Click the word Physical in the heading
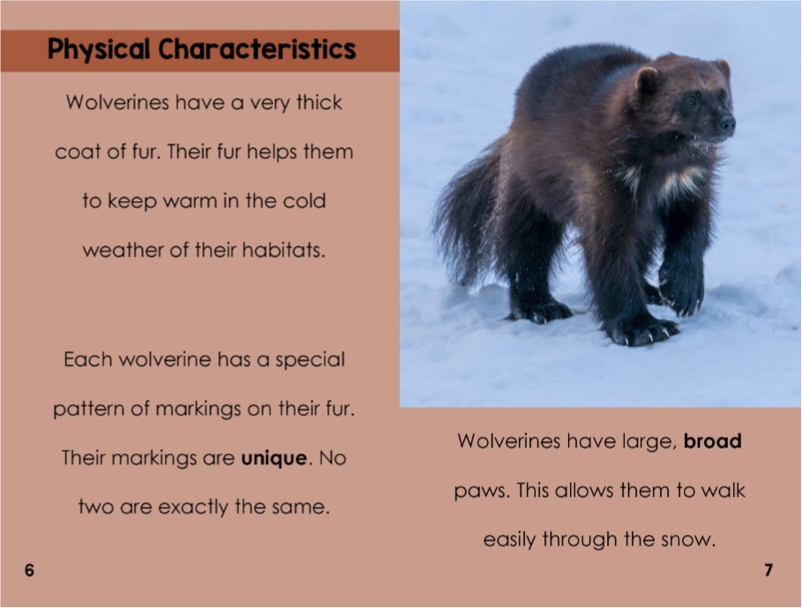point(100,49)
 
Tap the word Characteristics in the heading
point(258,49)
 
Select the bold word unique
point(274,459)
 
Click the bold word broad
point(713,441)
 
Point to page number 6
point(29,571)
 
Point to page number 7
point(768,571)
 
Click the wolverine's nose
point(727,124)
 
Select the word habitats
point(283,251)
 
